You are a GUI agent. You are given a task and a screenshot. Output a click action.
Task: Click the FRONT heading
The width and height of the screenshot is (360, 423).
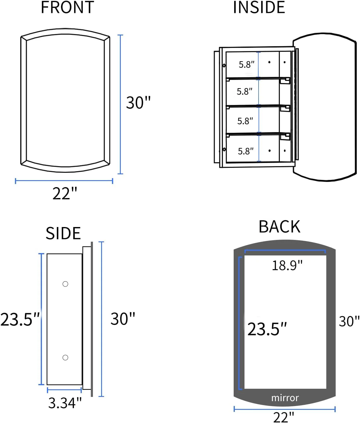[x=67, y=8]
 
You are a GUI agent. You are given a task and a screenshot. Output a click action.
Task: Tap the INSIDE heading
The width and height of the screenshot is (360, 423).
[x=259, y=8]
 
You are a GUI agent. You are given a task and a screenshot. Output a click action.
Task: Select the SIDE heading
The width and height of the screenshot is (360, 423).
[x=63, y=233]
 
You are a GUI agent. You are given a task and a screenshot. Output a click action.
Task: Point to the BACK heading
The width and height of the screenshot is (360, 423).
[x=279, y=227]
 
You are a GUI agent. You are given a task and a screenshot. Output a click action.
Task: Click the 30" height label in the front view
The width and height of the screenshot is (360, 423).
[x=138, y=103]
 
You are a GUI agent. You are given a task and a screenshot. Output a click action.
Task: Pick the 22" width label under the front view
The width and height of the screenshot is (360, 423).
[x=65, y=193]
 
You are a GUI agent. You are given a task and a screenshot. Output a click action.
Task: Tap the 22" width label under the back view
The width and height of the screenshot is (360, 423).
[x=283, y=417]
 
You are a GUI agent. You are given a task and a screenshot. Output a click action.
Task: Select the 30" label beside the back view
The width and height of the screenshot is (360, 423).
[x=349, y=321]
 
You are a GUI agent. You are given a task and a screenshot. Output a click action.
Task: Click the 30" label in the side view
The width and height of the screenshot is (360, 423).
[x=123, y=319]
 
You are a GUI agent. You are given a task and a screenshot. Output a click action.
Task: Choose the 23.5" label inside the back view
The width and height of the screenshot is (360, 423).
[x=267, y=329]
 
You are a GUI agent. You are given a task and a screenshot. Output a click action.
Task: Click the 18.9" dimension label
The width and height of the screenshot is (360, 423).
[x=287, y=265]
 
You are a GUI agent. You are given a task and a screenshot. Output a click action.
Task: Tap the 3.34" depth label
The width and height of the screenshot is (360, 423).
[x=65, y=403]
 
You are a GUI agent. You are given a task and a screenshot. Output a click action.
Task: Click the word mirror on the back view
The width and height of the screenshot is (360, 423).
[x=285, y=398]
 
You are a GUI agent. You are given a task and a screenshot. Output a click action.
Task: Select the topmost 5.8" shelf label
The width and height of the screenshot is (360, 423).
[x=246, y=64]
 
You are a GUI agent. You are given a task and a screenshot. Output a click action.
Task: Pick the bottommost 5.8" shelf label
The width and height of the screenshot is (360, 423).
[x=246, y=151]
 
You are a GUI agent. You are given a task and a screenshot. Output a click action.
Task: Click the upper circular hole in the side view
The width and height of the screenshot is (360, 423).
[x=65, y=284]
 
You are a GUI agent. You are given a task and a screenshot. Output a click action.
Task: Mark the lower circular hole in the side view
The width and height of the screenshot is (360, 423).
[x=65, y=357]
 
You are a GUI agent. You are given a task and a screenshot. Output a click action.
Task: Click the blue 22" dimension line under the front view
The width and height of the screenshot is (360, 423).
[x=64, y=181]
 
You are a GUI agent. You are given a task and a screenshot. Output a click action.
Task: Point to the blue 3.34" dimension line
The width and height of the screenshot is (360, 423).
[x=64, y=390]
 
